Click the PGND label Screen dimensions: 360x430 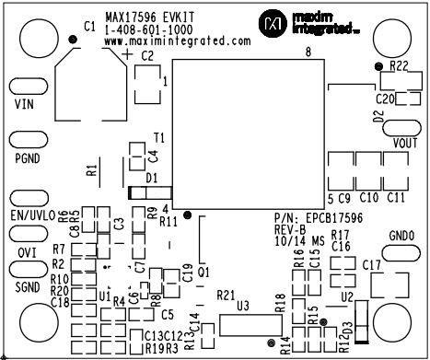29,157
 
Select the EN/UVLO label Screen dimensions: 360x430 31,215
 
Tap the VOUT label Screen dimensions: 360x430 405,143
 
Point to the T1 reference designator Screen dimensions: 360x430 159,137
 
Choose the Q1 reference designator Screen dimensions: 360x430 203,273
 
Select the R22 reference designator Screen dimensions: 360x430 399,66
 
